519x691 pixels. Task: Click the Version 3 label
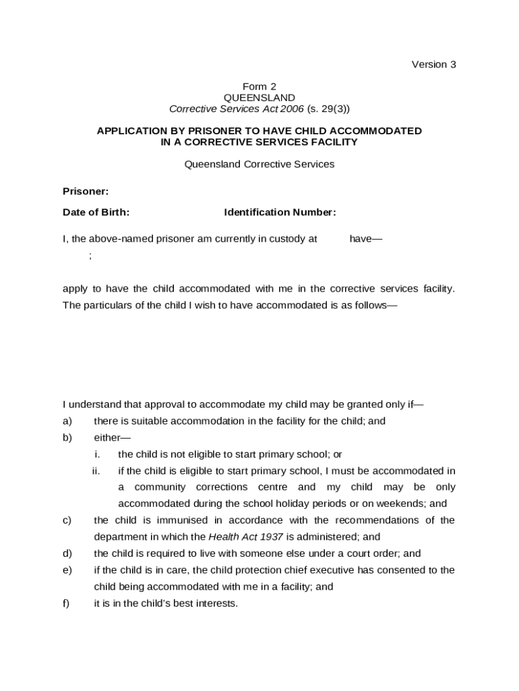[434, 65]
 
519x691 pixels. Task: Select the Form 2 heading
[259, 86]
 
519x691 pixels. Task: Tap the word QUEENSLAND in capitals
[259, 97]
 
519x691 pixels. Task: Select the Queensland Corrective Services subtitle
[259, 164]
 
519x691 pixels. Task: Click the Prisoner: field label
[86, 192]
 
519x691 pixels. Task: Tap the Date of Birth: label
[96, 213]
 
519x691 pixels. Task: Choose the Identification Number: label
[280, 213]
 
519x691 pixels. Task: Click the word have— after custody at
[365, 239]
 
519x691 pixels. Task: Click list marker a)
[67, 421]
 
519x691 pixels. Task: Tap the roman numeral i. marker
[97, 454]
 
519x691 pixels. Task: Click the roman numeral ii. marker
[96, 471]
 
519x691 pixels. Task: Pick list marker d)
[67, 553]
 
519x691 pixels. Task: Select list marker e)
[67, 570]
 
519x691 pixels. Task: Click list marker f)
[67, 603]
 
